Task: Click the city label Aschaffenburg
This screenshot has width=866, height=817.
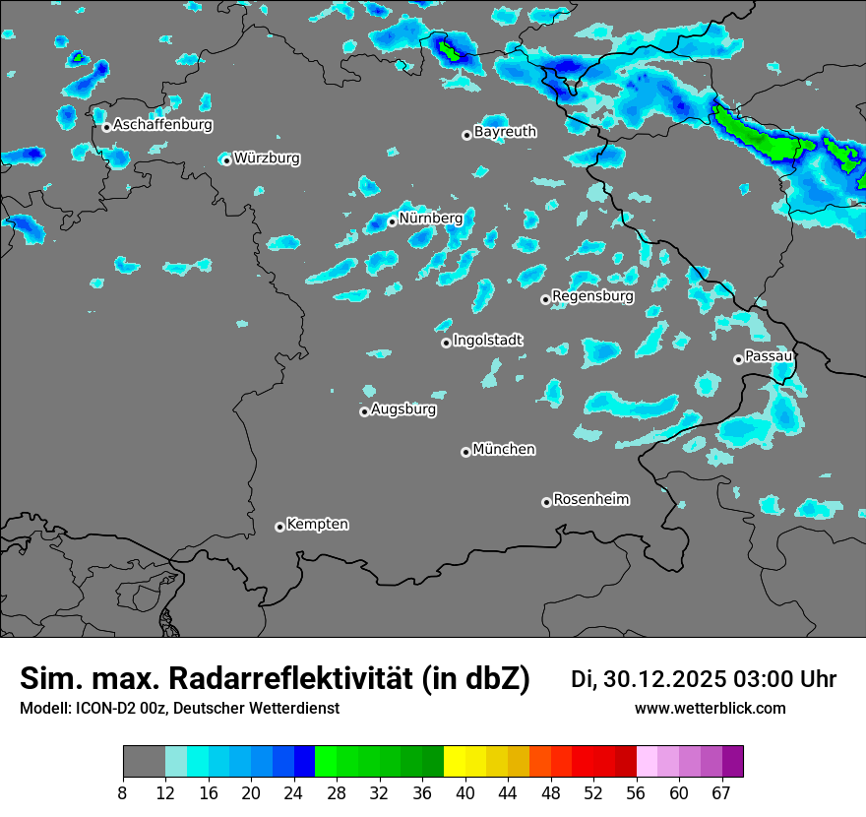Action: coord(162,125)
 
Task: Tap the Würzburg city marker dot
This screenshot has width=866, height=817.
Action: coord(226,160)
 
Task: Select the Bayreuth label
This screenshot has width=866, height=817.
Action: coord(505,131)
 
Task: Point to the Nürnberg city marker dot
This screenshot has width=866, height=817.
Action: coord(392,221)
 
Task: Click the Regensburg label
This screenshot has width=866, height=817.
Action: coord(592,295)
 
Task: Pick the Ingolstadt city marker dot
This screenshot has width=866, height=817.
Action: coord(446,343)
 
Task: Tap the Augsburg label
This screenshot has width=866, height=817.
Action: coord(403,408)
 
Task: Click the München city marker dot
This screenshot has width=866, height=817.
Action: coord(465,452)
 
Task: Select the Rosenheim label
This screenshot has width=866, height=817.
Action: coord(590,499)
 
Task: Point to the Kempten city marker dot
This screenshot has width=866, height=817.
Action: coord(279,527)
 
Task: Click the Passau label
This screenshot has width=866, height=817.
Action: coord(769,355)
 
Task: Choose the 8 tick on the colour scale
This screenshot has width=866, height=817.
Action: coord(123,792)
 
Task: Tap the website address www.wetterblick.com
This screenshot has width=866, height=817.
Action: coord(710,708)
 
